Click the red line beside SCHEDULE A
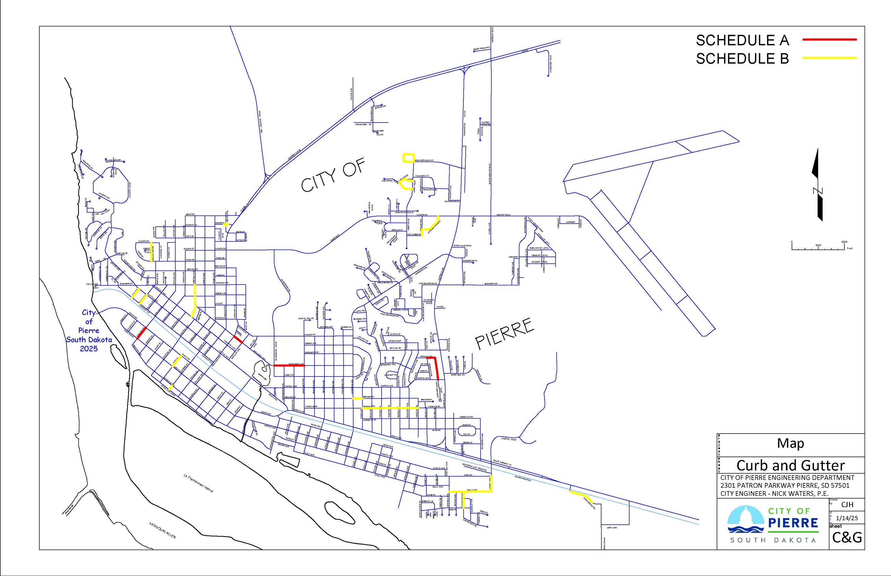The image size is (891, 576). [x=829, y=39]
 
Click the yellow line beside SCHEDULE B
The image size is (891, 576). [x=829, y=58]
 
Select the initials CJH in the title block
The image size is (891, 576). [x=847, y=504]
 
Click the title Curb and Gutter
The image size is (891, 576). [x=790, y=465]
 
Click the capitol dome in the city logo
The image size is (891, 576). [x=745, y=518]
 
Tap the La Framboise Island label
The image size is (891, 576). [x=198, y=483]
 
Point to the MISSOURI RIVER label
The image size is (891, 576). [x=162, y=530]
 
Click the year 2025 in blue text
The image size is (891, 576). [x=89, y=349]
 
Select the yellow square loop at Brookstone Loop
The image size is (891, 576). [x=408, y=158]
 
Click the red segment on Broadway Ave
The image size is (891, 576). [x=289, y=365]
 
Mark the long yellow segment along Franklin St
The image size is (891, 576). [x=389, y=407]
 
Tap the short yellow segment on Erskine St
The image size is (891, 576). [x=357, y=398]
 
